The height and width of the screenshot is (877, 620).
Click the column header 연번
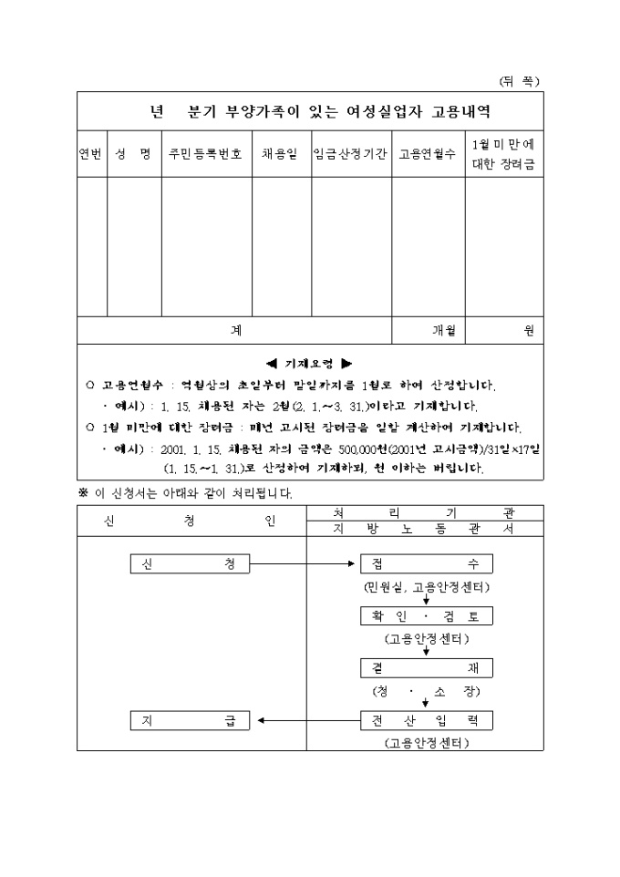click(91, 154)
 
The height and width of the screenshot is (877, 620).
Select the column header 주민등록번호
click(206, 154)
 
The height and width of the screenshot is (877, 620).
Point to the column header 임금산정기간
click(351, 154)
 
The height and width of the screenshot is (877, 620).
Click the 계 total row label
click(234, 330)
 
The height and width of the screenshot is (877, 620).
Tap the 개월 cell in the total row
click(443, 330)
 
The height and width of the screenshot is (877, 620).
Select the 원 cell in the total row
click(528, 330)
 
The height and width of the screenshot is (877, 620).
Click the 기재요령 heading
click(309, 362)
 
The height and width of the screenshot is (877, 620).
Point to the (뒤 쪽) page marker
click(519, 80)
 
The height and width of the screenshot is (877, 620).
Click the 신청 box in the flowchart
click(189, 564)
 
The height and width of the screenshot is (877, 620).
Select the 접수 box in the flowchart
click(427, 564)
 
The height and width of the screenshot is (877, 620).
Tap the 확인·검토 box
click(427, 616)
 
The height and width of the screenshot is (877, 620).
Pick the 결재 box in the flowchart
click(427, 668)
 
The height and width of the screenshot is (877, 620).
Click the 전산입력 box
click(427, 720)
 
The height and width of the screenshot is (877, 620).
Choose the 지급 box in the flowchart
click(189, 720)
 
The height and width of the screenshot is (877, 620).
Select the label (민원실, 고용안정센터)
click(426, 585)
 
